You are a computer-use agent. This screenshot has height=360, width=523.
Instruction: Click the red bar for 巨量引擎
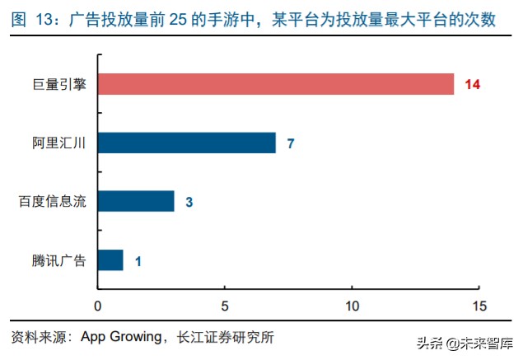(x=276, y=84)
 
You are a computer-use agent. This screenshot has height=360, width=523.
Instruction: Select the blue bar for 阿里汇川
(x=187, y=143)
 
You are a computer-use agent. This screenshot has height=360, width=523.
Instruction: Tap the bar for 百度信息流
(x=136, y=201)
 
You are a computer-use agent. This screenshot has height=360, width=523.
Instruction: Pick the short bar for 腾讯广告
(x=110, y=260)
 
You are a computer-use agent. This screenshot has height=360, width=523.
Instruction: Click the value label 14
(x=472, y=85)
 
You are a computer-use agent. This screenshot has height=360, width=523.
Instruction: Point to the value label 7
(x=291, y=143)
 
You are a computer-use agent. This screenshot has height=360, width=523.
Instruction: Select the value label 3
(x=189, y=202)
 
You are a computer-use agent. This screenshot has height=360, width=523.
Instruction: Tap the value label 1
(x=138, y=261)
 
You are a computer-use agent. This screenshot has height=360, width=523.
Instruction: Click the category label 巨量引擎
(x=63, y=84)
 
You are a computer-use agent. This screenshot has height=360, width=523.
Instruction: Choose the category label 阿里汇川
(x=63, y=143)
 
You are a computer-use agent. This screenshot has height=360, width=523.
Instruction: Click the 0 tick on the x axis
(x=98, y=306)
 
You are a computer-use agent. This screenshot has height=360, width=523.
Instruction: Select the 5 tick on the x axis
(x=225, y=306)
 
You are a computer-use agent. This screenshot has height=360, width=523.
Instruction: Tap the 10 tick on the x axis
(x=352, y=306)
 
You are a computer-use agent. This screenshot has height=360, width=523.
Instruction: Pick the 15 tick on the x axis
(x=479, y=306)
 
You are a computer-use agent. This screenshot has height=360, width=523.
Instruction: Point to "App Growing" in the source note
(x=124, y=337)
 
